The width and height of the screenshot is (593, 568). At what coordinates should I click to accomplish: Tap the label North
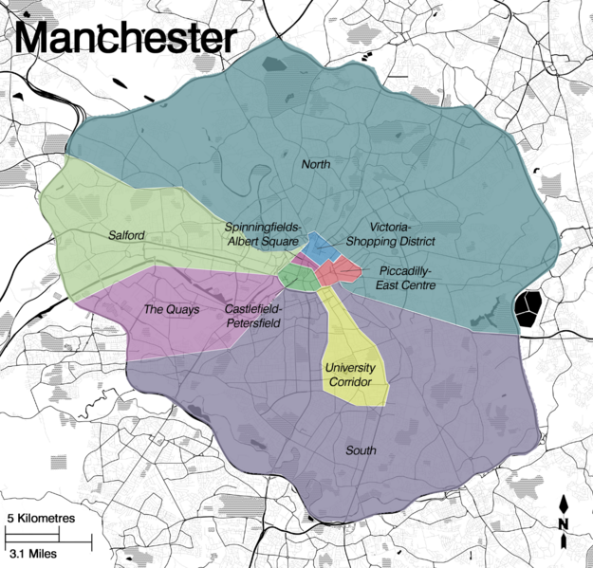(x=316, y=165)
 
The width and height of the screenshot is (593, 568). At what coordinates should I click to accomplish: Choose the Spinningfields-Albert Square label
(x=262, y=234)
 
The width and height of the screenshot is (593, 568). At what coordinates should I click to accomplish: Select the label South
(x=361, y=449)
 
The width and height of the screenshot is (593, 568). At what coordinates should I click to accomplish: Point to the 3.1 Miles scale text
(x=30, y=552)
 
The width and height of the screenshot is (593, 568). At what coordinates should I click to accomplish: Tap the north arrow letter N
(x=565, y=523)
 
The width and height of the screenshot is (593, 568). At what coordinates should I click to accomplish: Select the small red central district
(x=337, y=273)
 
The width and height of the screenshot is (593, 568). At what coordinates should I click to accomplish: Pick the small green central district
(x=300, y=277)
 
